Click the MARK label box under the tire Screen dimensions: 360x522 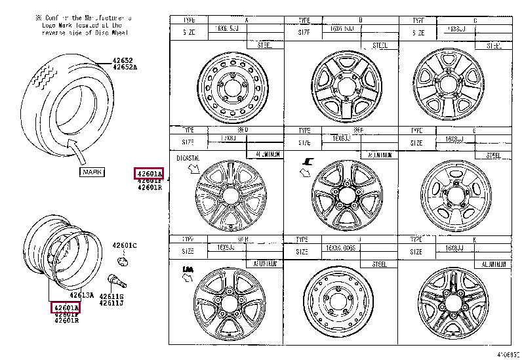point(91,172)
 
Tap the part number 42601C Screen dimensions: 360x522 point(124,245)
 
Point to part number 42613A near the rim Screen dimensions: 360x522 point(81,294)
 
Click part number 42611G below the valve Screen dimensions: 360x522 point(111,296)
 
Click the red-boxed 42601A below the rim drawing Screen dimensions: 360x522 point(66,307)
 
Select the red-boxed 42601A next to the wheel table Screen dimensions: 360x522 point(149,173)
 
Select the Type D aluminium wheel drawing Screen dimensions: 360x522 point(226,195)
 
